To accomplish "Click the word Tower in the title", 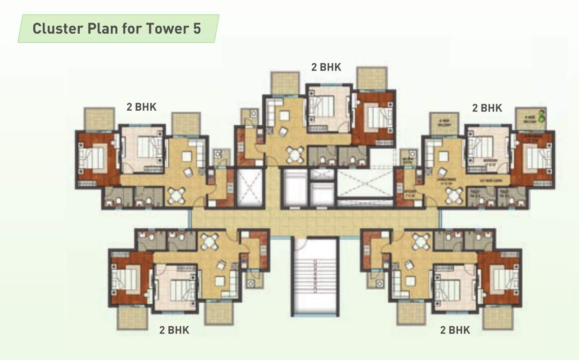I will click(166, 29).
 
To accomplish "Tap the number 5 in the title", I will click(196, 29).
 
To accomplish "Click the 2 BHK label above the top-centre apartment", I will click(326, 67).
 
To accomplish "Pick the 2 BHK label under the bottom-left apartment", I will click(174, 330).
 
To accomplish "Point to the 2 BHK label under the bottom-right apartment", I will click(455, 330).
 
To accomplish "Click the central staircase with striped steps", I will click(315, 277).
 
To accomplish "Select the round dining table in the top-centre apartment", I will click(295, 153).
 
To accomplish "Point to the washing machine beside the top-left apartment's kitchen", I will click(218, 155).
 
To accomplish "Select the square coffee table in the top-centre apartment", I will click(285, 115).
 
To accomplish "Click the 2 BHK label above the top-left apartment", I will click(142, 107).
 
